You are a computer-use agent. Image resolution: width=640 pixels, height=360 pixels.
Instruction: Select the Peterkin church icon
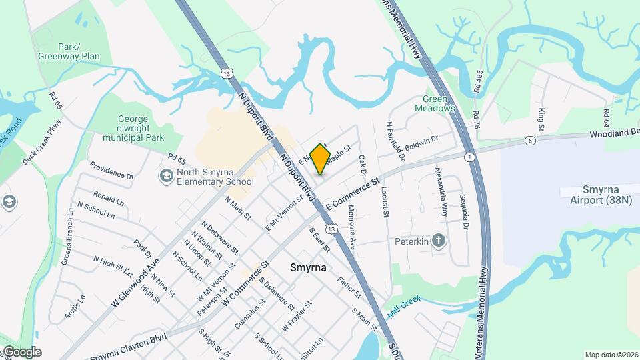point(439,241)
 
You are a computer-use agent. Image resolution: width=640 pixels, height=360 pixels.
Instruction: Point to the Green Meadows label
point(435,103)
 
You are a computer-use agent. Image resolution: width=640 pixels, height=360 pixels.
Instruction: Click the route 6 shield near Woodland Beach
point(530,141)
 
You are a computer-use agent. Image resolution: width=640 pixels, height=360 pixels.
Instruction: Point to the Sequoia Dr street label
point(464,211)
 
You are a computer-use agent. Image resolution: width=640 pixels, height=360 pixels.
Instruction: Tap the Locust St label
point(385,197)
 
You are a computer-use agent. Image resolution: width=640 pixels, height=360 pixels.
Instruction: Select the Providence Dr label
point(111,171)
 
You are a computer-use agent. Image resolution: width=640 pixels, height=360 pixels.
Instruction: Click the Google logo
point(22,351)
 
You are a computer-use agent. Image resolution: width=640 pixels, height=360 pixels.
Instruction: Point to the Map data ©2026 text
point(610,355)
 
